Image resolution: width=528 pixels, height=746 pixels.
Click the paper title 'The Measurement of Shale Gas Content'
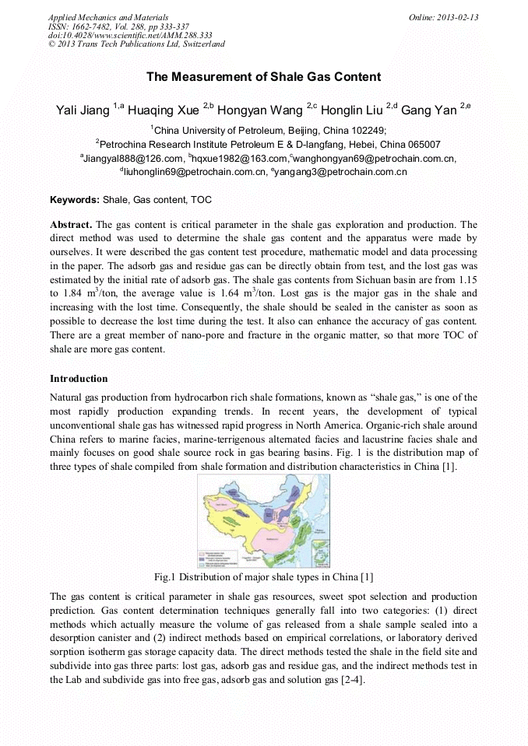pos(263,76)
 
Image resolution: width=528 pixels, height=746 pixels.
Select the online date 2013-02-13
pos(456,16)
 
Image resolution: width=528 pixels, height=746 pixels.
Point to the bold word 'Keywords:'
pos(69,200)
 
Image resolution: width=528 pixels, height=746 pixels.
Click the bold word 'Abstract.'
pos(71,225)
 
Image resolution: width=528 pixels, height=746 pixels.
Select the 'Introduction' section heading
pos(79,379)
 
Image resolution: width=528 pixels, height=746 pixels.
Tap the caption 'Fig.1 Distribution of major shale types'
pos(263,576)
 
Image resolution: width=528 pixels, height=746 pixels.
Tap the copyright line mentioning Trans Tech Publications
pos(136,44)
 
